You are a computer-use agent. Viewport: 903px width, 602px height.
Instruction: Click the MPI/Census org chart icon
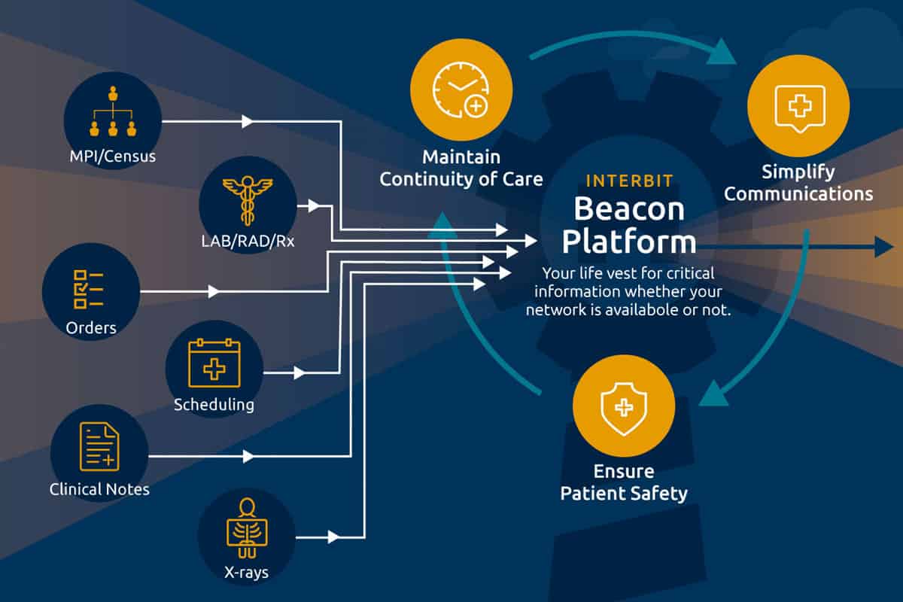(x=113, y=113)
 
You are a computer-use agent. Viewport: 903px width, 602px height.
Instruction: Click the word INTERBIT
(x=629, y=181)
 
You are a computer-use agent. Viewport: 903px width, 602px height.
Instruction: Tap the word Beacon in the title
(x=629, y=208)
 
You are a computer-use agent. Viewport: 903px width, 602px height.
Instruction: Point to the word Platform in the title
(x=629, y=242)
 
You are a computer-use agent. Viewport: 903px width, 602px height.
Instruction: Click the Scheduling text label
(x=214, y=405)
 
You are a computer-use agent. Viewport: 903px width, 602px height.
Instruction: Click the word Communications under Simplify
(x=798, y=194)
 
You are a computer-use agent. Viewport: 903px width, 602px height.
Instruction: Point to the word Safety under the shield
(x=658, y=494)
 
